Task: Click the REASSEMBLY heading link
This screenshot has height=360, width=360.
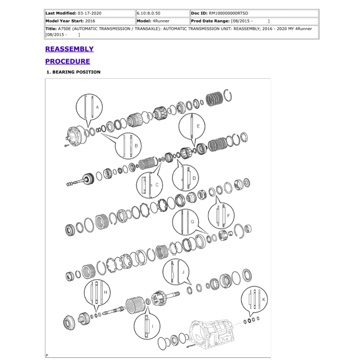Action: pyautogui.click(x=69, y=49)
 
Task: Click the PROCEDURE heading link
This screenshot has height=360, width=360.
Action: pyautogui.click(x=67, y=61)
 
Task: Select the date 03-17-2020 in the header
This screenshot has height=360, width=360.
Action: pyautogui.click(x=89, y=13)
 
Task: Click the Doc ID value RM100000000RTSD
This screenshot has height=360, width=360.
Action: pyautogui.click(x=229, y=13)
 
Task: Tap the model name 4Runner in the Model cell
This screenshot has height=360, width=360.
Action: pyautogui.click(x=161, y=21)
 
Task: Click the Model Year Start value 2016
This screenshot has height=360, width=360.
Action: pyautogui.click(x=90, y=21)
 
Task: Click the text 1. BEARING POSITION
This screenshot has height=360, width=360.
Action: pyautogui.click(x=73, y=72)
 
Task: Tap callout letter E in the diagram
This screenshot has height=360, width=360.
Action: pyautogui.click(x=198, y=126)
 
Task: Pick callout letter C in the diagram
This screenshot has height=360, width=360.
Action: pyautogui.click(x=157, y=184)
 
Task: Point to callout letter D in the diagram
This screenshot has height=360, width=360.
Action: pyautogui.click(x=194, y=179)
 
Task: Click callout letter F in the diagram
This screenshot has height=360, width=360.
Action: pyautogui.click(x=229, y=215)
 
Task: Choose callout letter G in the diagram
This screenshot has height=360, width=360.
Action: pyautogui.click(x=192, y=222)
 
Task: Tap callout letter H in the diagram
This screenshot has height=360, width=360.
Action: pyautogui.click(x=105, y=292)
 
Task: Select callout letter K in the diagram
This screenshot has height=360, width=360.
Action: pyautogui.click(x=264, y=299)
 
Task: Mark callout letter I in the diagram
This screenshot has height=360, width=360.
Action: pyautogui.click(x=152, y=326)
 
